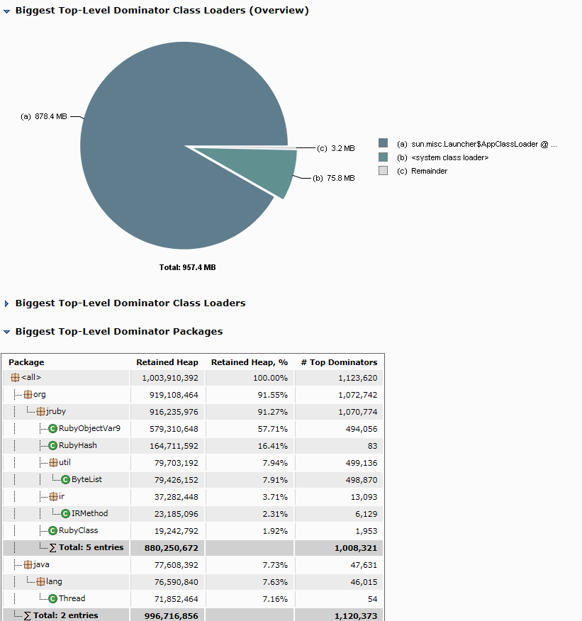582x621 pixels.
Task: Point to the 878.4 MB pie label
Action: [44, 116]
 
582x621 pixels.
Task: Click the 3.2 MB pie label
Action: [336, 148]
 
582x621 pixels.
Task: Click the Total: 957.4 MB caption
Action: [187, 267]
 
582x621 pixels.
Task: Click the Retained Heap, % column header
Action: [249, 362]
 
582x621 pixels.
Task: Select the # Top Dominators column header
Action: [339, 362]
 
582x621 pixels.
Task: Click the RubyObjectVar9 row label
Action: [89, 428]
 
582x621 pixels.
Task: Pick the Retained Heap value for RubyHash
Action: [170, 445]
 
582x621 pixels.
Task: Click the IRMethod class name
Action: [89, 513]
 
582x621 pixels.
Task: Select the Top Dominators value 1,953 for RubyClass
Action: [366, 530]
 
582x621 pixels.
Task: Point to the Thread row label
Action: [72, 598]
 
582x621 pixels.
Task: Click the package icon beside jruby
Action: [40, 411]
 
